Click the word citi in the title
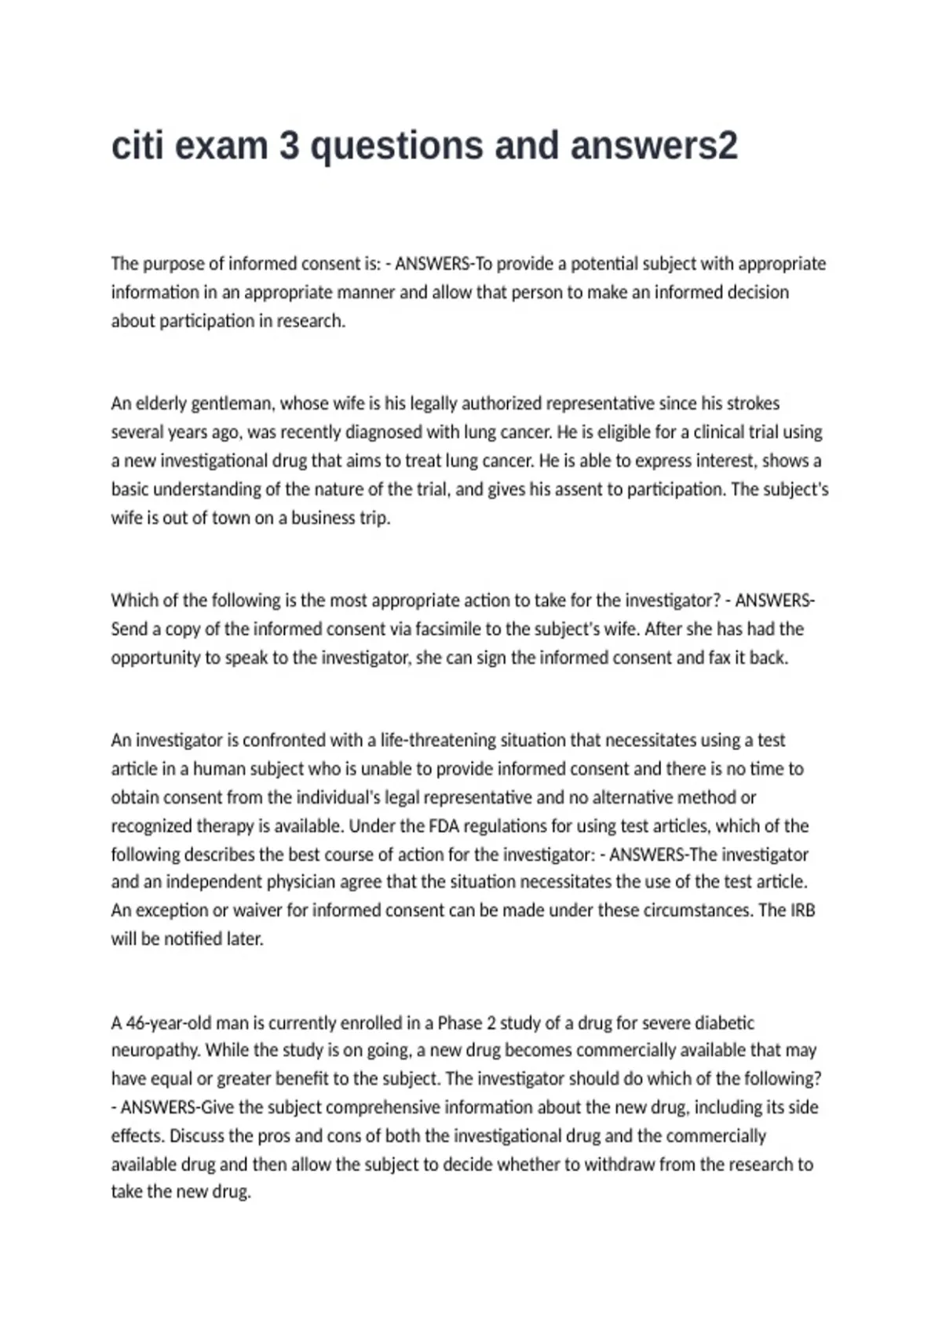(x=137, y=146)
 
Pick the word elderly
(x=161, y=404)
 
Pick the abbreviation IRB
(x=802, y=910)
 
